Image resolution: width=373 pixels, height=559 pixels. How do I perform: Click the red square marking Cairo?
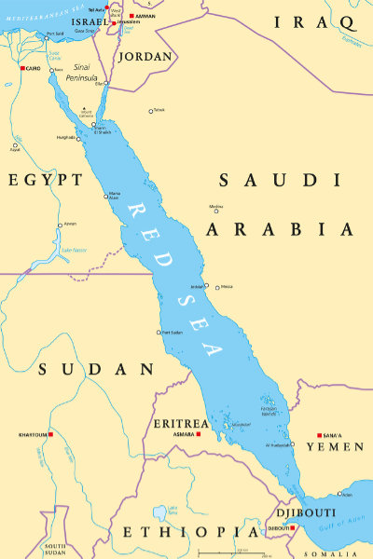pyautogui.click(x=22, y=67)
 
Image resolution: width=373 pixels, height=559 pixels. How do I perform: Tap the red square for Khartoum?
pyautogui.click(x=51, y=434)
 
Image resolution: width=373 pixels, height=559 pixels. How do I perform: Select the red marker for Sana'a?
pyautogui.click(x=320, y=434)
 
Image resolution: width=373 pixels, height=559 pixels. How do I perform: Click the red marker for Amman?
pyautogui.click(x=131, y=16)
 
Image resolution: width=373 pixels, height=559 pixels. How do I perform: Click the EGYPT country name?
pyautogui.click(x=45, y=180)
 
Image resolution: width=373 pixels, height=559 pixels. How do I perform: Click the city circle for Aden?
pyautogui.click(x=340, y=494)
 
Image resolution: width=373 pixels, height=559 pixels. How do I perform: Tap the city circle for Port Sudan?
pyautogui.click(x=159, y=332)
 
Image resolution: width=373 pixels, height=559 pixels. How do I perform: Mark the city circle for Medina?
pyautogui.click(x=216, y=211)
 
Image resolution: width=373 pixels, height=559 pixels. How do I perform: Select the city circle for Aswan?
pyautogui.click(x=61, y=225)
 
